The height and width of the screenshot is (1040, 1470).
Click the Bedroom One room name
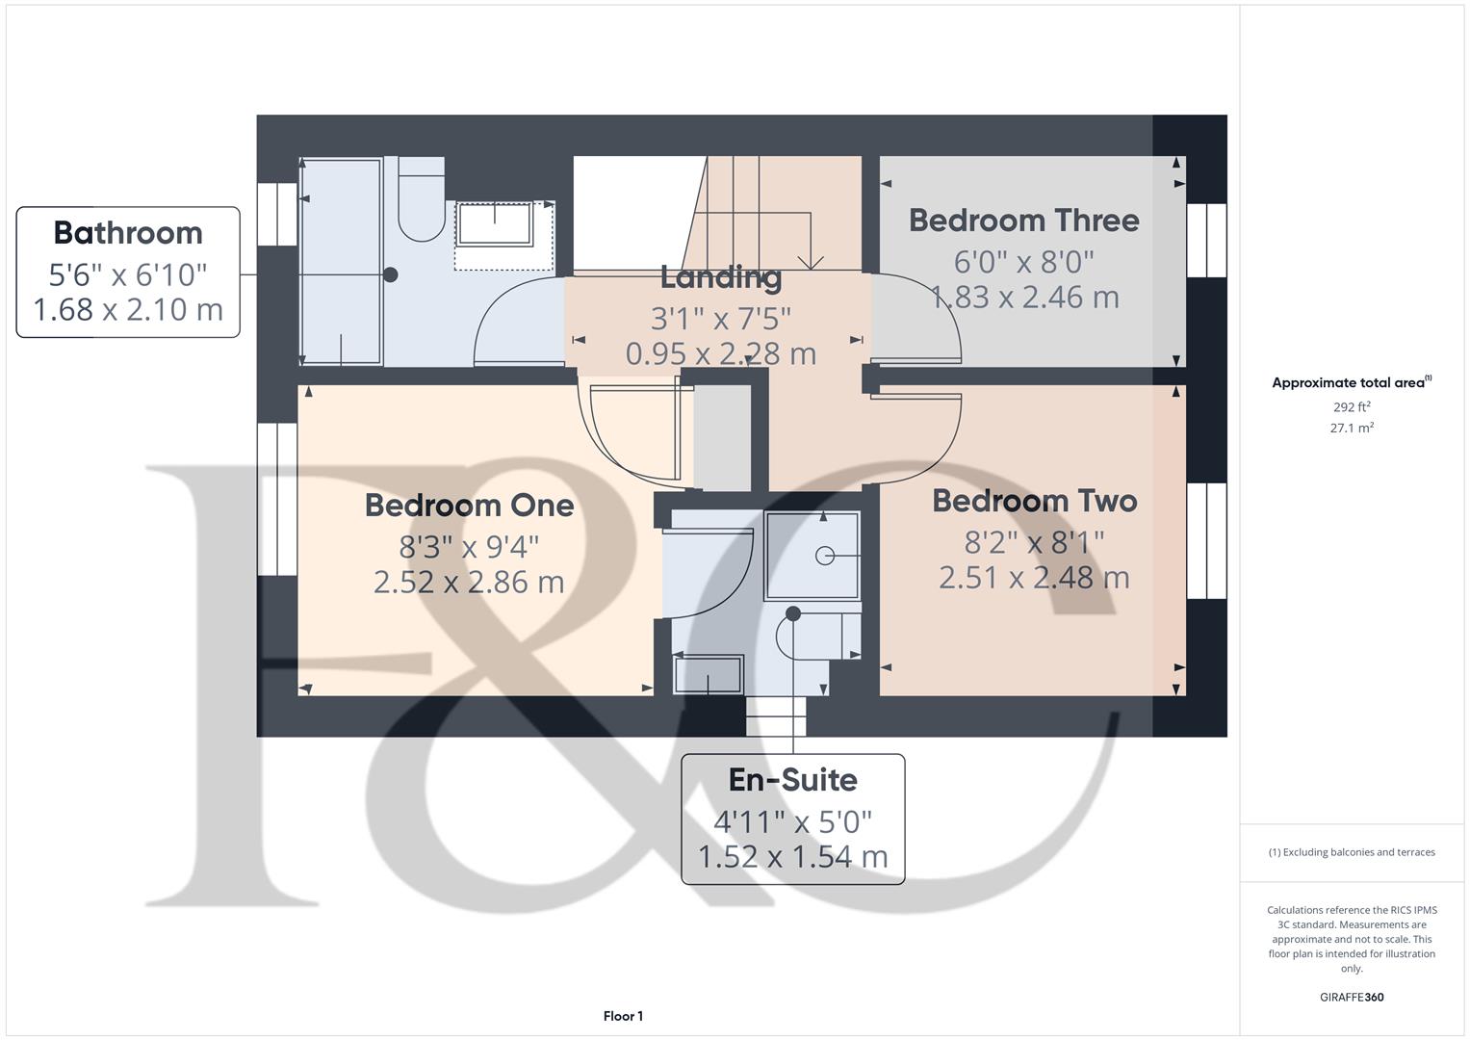tap(469, 506)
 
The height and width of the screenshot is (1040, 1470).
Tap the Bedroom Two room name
tap(1035, 501)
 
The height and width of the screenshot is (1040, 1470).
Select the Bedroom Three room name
tap(1023, 221)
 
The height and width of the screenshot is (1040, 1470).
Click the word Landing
tap(720, 277)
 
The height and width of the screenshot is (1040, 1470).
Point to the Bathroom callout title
tap(128, 233)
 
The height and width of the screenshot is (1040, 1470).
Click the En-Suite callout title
tap(792, 780)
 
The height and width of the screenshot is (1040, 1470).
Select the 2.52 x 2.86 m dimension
tap(469, 582)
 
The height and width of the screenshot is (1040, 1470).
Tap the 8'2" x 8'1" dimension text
tap(1034, 542)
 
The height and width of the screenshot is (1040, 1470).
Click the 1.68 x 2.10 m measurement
tap(128, 310)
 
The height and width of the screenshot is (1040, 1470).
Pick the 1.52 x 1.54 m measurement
tap(792, 856)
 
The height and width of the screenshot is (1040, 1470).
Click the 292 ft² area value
tap(1352, 407)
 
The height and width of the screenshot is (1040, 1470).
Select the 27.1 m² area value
tap(1352, 429)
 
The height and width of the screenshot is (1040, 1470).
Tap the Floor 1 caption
tap(623, 1016)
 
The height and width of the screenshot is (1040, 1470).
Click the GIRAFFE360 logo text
tap(1352, 998)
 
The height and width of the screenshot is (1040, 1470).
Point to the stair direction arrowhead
tap(812, 261)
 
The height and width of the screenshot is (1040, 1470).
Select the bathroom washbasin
tap(495, 223)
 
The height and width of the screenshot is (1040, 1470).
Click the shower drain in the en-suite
tap(825, 556)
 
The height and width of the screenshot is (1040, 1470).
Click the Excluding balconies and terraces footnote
tap(1352, 852)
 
